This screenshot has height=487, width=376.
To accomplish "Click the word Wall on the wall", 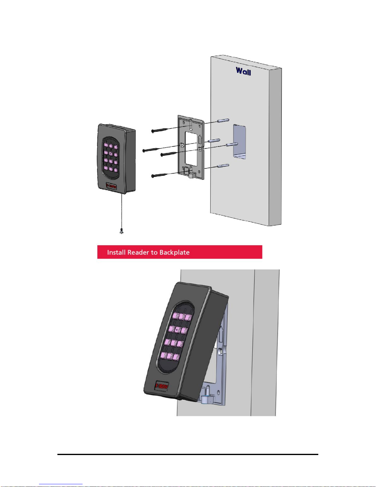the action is pos(243,71).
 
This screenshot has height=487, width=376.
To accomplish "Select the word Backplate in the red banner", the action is pos(174,253).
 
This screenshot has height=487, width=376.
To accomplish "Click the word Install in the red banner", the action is pos(116,253).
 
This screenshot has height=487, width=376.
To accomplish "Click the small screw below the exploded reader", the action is pos(122,231).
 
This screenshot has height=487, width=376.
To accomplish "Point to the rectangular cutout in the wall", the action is pos(239,141).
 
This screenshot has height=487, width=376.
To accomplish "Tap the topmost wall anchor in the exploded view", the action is pos(223,120).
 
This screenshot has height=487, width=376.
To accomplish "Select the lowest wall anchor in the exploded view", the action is pos(223,166).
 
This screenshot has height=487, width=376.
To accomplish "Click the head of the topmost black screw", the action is pos(153,131).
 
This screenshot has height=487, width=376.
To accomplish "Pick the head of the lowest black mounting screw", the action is pos(153,176).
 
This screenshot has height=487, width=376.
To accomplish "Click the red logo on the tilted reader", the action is pos(161,386).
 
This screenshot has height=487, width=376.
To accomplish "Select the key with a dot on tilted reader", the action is pos(177,330).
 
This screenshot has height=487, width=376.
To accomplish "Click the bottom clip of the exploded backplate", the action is pos(192,175).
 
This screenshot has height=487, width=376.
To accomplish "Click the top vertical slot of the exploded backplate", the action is pos(191,125).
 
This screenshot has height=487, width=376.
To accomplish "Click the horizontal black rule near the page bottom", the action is pos(188,454).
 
